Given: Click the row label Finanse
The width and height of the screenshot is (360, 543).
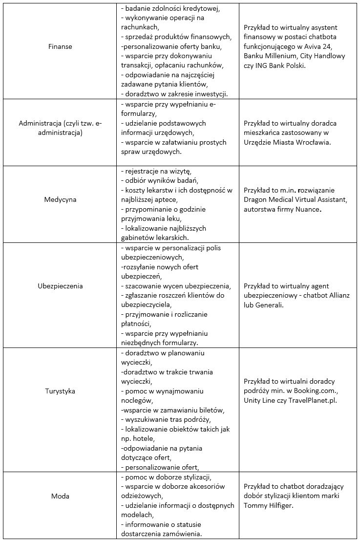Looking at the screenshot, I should coord(61,46).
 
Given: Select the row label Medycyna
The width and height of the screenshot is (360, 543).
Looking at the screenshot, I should coord(61,199).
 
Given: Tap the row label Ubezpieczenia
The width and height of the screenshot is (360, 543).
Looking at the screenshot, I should coord(61,286).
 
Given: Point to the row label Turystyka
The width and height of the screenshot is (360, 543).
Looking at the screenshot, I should coord(61,391).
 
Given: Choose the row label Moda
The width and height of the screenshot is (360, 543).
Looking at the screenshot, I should coord(61,496).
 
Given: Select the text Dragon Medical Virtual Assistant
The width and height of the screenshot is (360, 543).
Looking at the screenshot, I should coord(295,199).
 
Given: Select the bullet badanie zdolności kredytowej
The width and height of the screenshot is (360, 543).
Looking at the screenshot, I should coord(170,8).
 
